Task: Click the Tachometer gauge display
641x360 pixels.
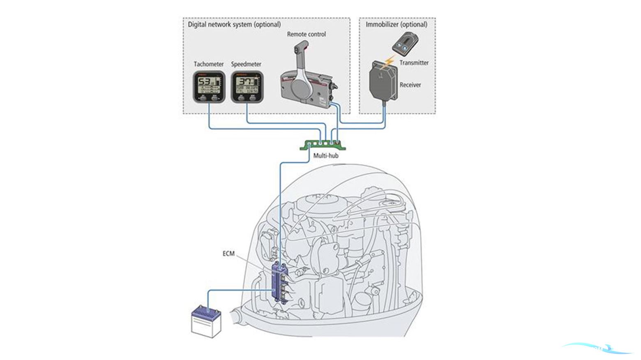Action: coord(209,86)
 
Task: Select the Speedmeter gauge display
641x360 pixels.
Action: coord(247,86)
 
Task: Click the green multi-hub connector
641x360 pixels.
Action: coord(324,145)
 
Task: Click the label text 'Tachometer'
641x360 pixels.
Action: coord(209,64)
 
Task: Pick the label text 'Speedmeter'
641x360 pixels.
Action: coord(246,64)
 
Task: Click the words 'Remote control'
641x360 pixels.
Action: coord(306,34)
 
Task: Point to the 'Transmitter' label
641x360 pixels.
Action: coord(414,62)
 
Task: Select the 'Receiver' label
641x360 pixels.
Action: coord(410,85)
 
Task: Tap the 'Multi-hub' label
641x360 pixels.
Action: coord(326,156)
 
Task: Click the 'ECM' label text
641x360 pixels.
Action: coord(228,254)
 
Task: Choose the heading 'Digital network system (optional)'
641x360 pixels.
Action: coord(234,24)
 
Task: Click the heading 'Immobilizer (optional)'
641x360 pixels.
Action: coord(397,24)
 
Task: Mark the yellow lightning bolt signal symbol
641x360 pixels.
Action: coord(388,62)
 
